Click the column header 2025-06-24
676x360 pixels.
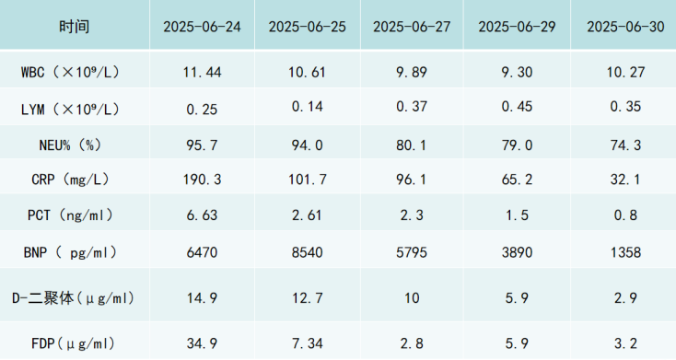202,27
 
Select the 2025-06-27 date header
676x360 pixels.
412,27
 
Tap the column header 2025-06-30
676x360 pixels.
625,27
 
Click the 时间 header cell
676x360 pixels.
75,27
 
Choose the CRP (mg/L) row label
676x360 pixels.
70,179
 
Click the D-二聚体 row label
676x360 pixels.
74,298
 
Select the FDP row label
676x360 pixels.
74,343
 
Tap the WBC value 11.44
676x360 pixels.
202,72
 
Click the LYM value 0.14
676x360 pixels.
307,107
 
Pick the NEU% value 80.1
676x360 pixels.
412,145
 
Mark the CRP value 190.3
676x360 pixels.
202,179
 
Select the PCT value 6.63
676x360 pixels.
202,215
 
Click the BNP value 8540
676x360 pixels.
307,252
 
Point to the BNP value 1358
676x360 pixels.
625,252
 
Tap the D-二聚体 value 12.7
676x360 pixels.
307,298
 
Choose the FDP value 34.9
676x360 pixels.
202,343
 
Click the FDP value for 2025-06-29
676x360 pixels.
517,343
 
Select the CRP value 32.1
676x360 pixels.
625,179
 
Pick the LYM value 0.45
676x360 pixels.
517,107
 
